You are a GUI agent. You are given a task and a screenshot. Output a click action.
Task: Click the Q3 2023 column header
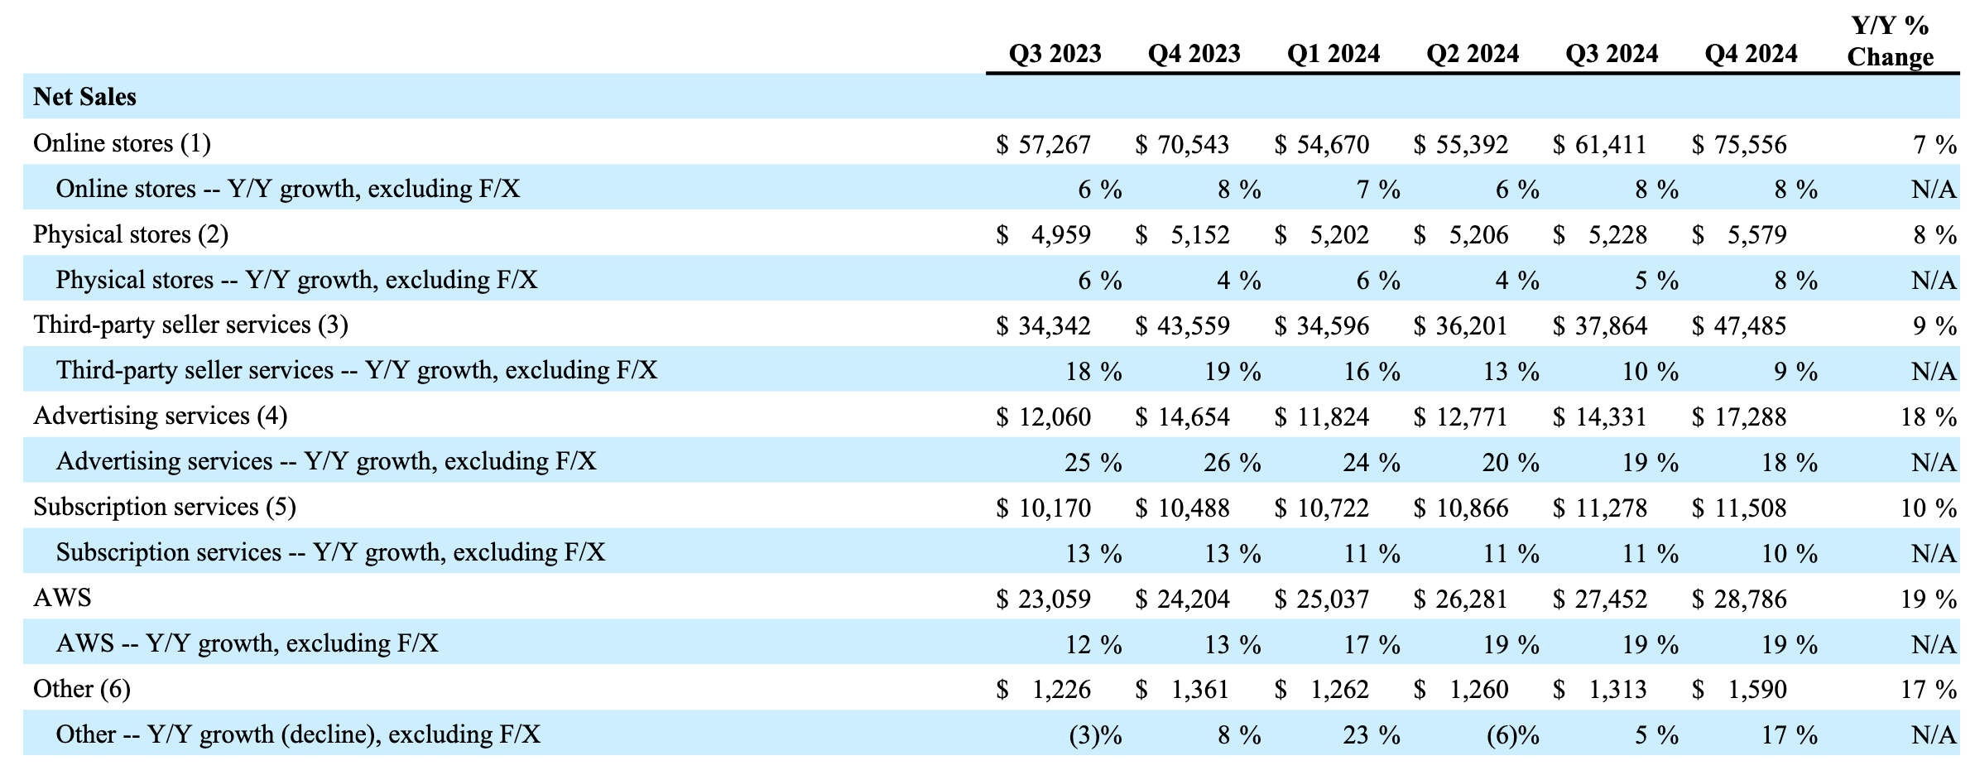(x=1055, y=54)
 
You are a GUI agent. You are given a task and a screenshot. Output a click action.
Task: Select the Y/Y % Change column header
(x=1890, y=41)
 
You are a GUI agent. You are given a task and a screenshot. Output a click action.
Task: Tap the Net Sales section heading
(x=84, y=97)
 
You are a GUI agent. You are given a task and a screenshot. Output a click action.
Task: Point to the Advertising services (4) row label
(x=160, y=416)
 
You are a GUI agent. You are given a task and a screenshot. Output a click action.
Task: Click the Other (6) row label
(x=81, y=689)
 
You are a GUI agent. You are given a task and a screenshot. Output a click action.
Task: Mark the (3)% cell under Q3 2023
(x=1095, y=735)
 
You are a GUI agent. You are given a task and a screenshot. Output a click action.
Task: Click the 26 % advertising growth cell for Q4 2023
(x=1232, y=462)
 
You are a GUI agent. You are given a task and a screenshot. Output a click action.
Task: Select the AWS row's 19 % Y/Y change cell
(x=1928, y=599)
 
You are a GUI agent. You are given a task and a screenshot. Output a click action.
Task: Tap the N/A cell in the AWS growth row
(x=1933, y=644)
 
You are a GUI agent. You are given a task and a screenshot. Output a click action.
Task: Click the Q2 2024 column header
(x=1472, y=54)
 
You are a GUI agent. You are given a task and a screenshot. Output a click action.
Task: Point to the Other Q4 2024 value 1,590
(x=1756, y=689)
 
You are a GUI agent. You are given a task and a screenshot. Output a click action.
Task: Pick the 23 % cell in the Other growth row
(x=1371, y=735)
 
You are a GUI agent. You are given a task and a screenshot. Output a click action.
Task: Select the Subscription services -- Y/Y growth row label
(x=330, y=552)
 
